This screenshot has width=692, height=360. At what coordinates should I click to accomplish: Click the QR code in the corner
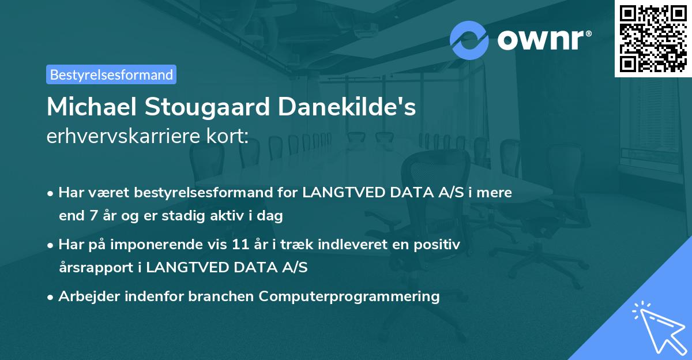pos(652,38)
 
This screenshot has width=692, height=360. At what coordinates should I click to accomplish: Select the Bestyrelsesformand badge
pos(111,74)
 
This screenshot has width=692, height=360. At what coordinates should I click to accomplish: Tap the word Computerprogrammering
pos(349,297)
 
